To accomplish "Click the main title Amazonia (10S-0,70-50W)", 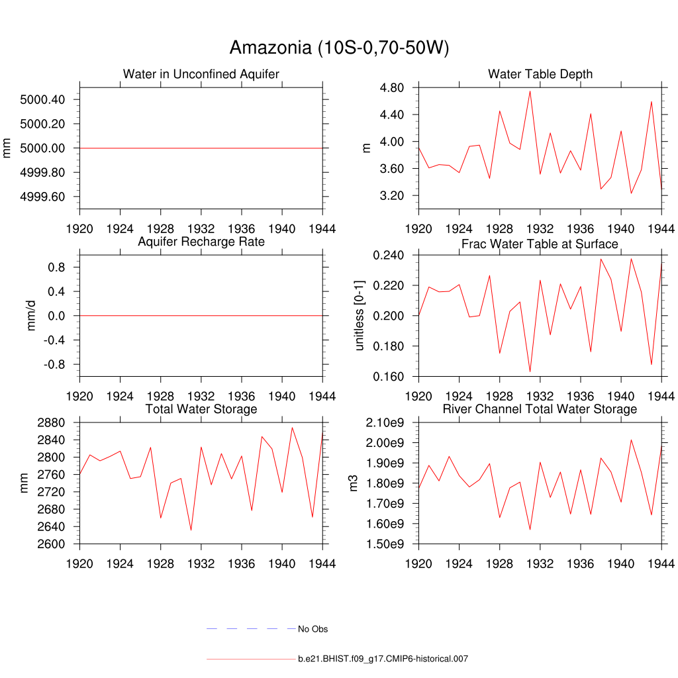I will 339,48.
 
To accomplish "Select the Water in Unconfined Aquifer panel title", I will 201,74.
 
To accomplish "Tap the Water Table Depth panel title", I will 540,74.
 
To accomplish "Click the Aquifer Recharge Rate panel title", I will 201,242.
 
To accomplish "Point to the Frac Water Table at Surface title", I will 540,244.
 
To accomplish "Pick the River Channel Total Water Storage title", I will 540,409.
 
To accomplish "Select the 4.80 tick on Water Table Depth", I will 392,87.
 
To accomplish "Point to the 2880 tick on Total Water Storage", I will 51,422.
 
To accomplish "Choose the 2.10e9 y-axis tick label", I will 387,422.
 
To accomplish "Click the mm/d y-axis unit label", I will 31,316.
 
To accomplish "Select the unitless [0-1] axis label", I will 360,316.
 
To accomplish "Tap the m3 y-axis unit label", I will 354,483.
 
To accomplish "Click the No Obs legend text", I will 313,629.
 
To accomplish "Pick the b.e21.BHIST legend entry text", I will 383,659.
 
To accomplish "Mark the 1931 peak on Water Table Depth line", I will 530,91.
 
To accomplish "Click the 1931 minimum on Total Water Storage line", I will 191,530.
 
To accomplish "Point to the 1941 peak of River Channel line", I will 631,440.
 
